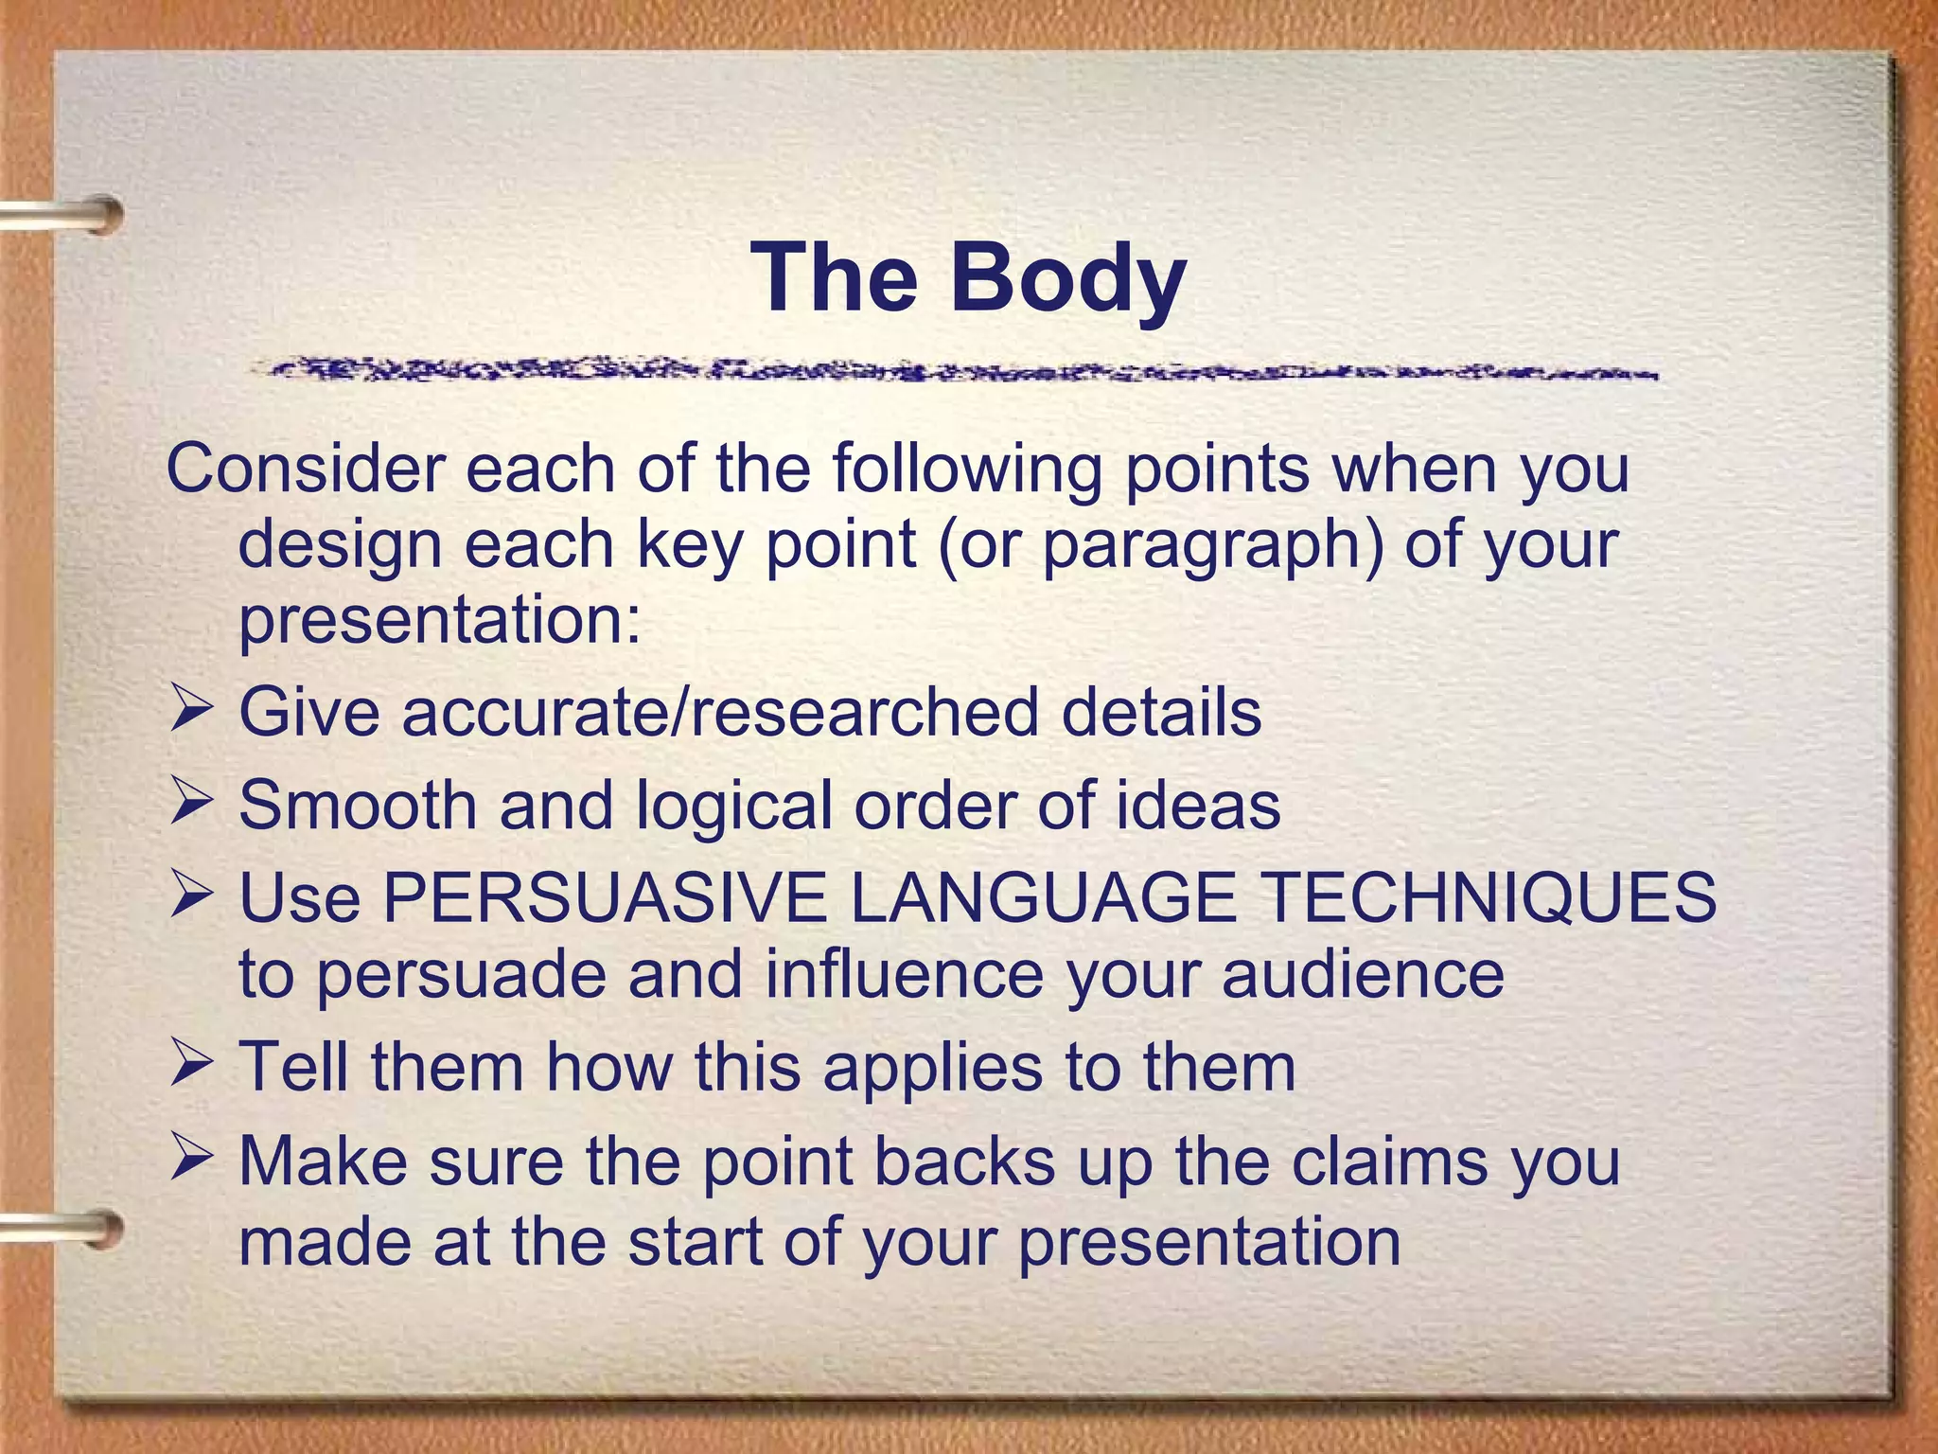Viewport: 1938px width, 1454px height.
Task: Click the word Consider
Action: click(306, 469)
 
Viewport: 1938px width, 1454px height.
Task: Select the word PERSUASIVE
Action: click(604, 897)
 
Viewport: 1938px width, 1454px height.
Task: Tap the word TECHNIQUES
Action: click(1489, 897)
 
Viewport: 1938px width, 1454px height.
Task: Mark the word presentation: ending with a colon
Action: click(440, 622)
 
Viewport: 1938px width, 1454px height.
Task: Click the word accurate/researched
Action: click(720, 713)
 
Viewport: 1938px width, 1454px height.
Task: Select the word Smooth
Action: click(358, 806)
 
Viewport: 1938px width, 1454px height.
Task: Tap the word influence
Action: click(904, 976)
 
